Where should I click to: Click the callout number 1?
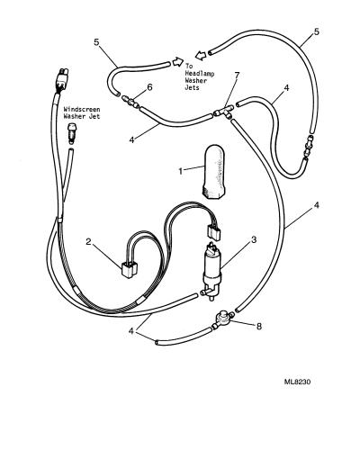coord(181,171)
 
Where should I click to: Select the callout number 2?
coord(88,242)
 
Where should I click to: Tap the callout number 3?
coord(254,239)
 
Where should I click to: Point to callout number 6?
coord(149,87)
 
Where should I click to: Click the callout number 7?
coord(237,75)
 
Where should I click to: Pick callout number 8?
coord(259,326)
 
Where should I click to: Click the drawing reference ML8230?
coord(297,382)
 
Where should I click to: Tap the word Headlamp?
coord(200,73)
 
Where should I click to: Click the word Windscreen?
coord(82,110)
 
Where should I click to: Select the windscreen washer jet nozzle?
coord(71,132)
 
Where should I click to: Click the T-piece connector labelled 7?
coord(224,112)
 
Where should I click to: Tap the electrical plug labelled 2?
coord(129,270)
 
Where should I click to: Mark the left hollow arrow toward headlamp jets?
coord(177,61)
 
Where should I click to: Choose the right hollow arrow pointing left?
coord(201,55)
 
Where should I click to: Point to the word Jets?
coord(193,88)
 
